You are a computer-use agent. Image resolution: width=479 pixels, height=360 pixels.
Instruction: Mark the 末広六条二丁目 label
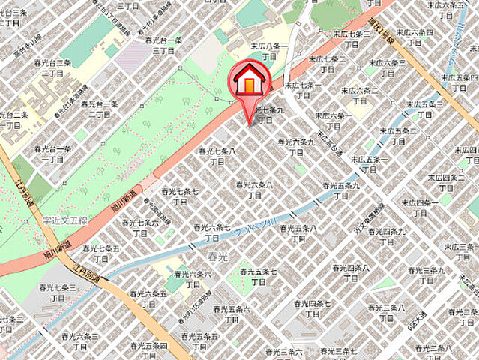[x=361, y=95]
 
